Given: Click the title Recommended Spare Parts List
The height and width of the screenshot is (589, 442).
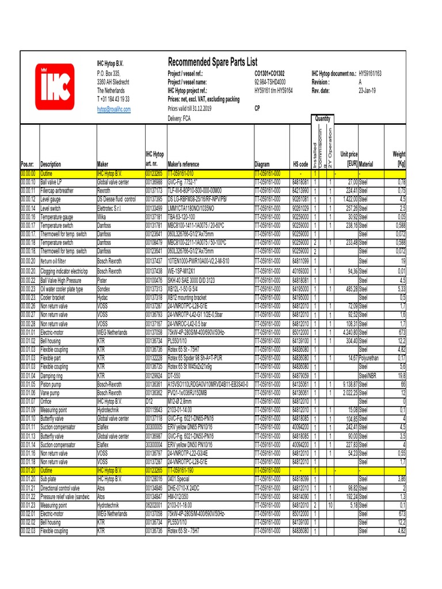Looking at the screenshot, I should [212, 62].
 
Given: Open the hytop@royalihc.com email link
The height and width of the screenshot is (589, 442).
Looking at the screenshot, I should [113, 108].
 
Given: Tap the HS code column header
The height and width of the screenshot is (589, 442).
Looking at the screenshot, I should [300, 164].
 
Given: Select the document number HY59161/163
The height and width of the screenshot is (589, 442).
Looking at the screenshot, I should [378, 74].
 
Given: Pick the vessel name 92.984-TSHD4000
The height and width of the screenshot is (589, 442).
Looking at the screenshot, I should [273, 82].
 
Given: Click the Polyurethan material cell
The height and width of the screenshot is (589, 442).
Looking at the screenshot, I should [372, 358].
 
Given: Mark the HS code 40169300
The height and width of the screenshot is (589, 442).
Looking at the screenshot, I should [300, 270].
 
